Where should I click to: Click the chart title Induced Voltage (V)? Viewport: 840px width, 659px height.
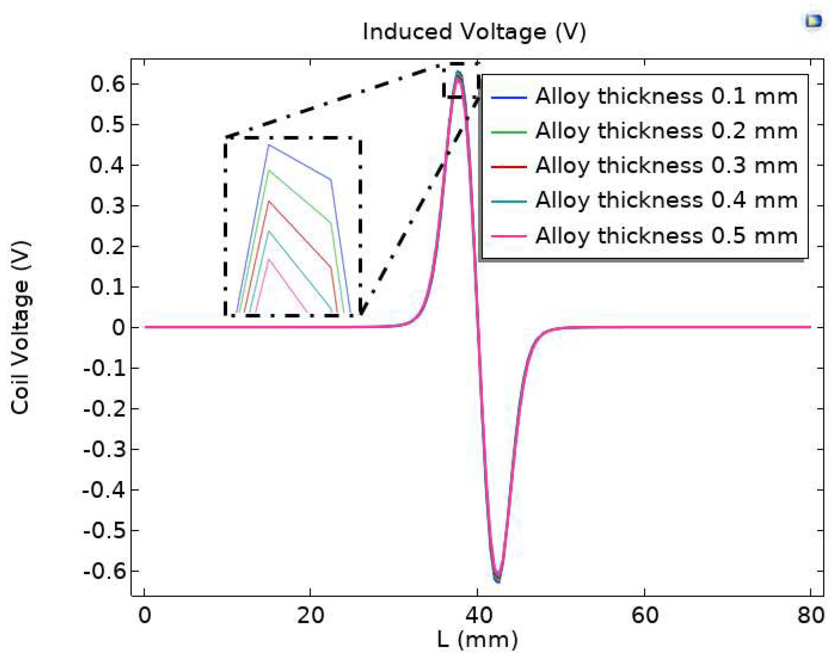click(474, 32)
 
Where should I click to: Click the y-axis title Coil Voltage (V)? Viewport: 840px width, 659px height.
click(20, 327)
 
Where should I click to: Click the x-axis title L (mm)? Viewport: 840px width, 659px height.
click(478, 640)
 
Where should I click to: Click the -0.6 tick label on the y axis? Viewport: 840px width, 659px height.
click(104, 571)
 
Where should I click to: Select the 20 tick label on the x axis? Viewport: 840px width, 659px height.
click(311, 615)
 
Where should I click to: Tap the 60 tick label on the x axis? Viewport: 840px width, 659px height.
click(645, 615)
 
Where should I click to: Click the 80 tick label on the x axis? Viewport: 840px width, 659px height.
click(811, 615)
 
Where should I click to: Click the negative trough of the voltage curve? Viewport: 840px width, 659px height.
click(498, 579)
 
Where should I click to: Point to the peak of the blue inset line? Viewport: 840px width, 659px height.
click(269, 145)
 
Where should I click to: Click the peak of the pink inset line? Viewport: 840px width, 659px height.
click(269, 259)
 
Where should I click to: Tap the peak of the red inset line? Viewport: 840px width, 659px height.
click(269, 201)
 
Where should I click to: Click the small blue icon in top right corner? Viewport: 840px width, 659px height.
click(814, 21)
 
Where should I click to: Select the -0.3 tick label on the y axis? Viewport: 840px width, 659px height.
click(104, 449)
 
